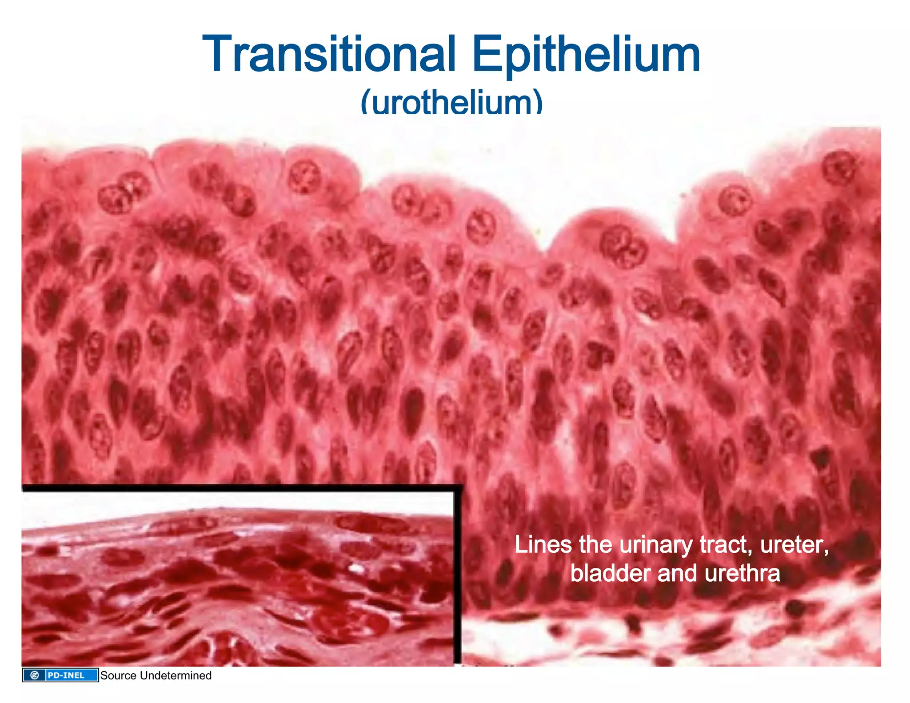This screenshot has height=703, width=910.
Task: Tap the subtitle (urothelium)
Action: (451, 102)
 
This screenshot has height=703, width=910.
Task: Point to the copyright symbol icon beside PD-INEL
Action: (34, 675)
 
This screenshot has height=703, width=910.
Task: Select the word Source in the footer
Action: (118, 675)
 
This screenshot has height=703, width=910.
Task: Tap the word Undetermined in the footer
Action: (175, 675)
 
